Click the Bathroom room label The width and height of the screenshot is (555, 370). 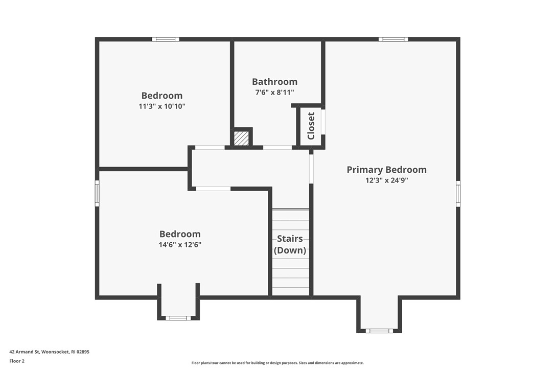pyautogui.click(x=274, y=82)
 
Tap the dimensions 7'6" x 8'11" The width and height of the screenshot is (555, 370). pyautogui.click(x=274, y=92)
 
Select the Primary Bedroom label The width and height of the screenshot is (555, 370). pyautogui.click(x=386, y=170)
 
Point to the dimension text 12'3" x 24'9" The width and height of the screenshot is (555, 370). pyautogui.click(x=386, y=180)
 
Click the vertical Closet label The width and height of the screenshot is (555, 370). pyautogui.click(x=311, y=126)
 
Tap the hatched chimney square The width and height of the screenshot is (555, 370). pyautogui.click(x=241, y=138)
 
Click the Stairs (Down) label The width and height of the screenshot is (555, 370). pyautogui.click(x=290, y=244)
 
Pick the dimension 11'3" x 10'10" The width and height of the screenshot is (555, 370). pyautogui.click(x=161, y=106)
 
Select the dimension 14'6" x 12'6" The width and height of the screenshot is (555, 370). pyautogui.click(x=180, y=245)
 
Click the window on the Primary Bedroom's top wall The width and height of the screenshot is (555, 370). pyautogui.click(x=393, y=39)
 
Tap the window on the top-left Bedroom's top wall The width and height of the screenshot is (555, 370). pyautogui.click(x=165, y=39)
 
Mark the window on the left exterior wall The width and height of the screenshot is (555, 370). pyautogui.click(x=97, y=194)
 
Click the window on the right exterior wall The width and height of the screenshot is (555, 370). pyautogui.click(x=458, y=194)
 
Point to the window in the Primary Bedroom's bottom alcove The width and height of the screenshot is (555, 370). pyautogui.click(x=379, y=331)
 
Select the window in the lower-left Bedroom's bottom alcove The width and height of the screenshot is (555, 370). pyautogui.click(x=178, y=318)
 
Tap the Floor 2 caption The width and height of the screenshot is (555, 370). pyautogui.click(x=16, y=361)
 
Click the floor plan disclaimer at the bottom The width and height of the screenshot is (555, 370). pyautogui.click(x=277, y=363)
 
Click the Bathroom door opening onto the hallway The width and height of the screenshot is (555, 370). pyautogui.click(x=277, y=147)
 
